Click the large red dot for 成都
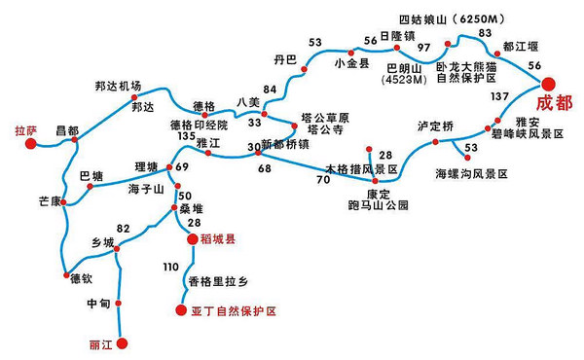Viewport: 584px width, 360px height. (548, 84)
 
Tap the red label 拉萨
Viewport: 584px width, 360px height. (24, 128)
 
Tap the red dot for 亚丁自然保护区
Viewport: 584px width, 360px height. (180, 311)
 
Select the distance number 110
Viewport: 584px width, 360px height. (172, 266)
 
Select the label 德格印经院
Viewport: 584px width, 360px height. (200, 124)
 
